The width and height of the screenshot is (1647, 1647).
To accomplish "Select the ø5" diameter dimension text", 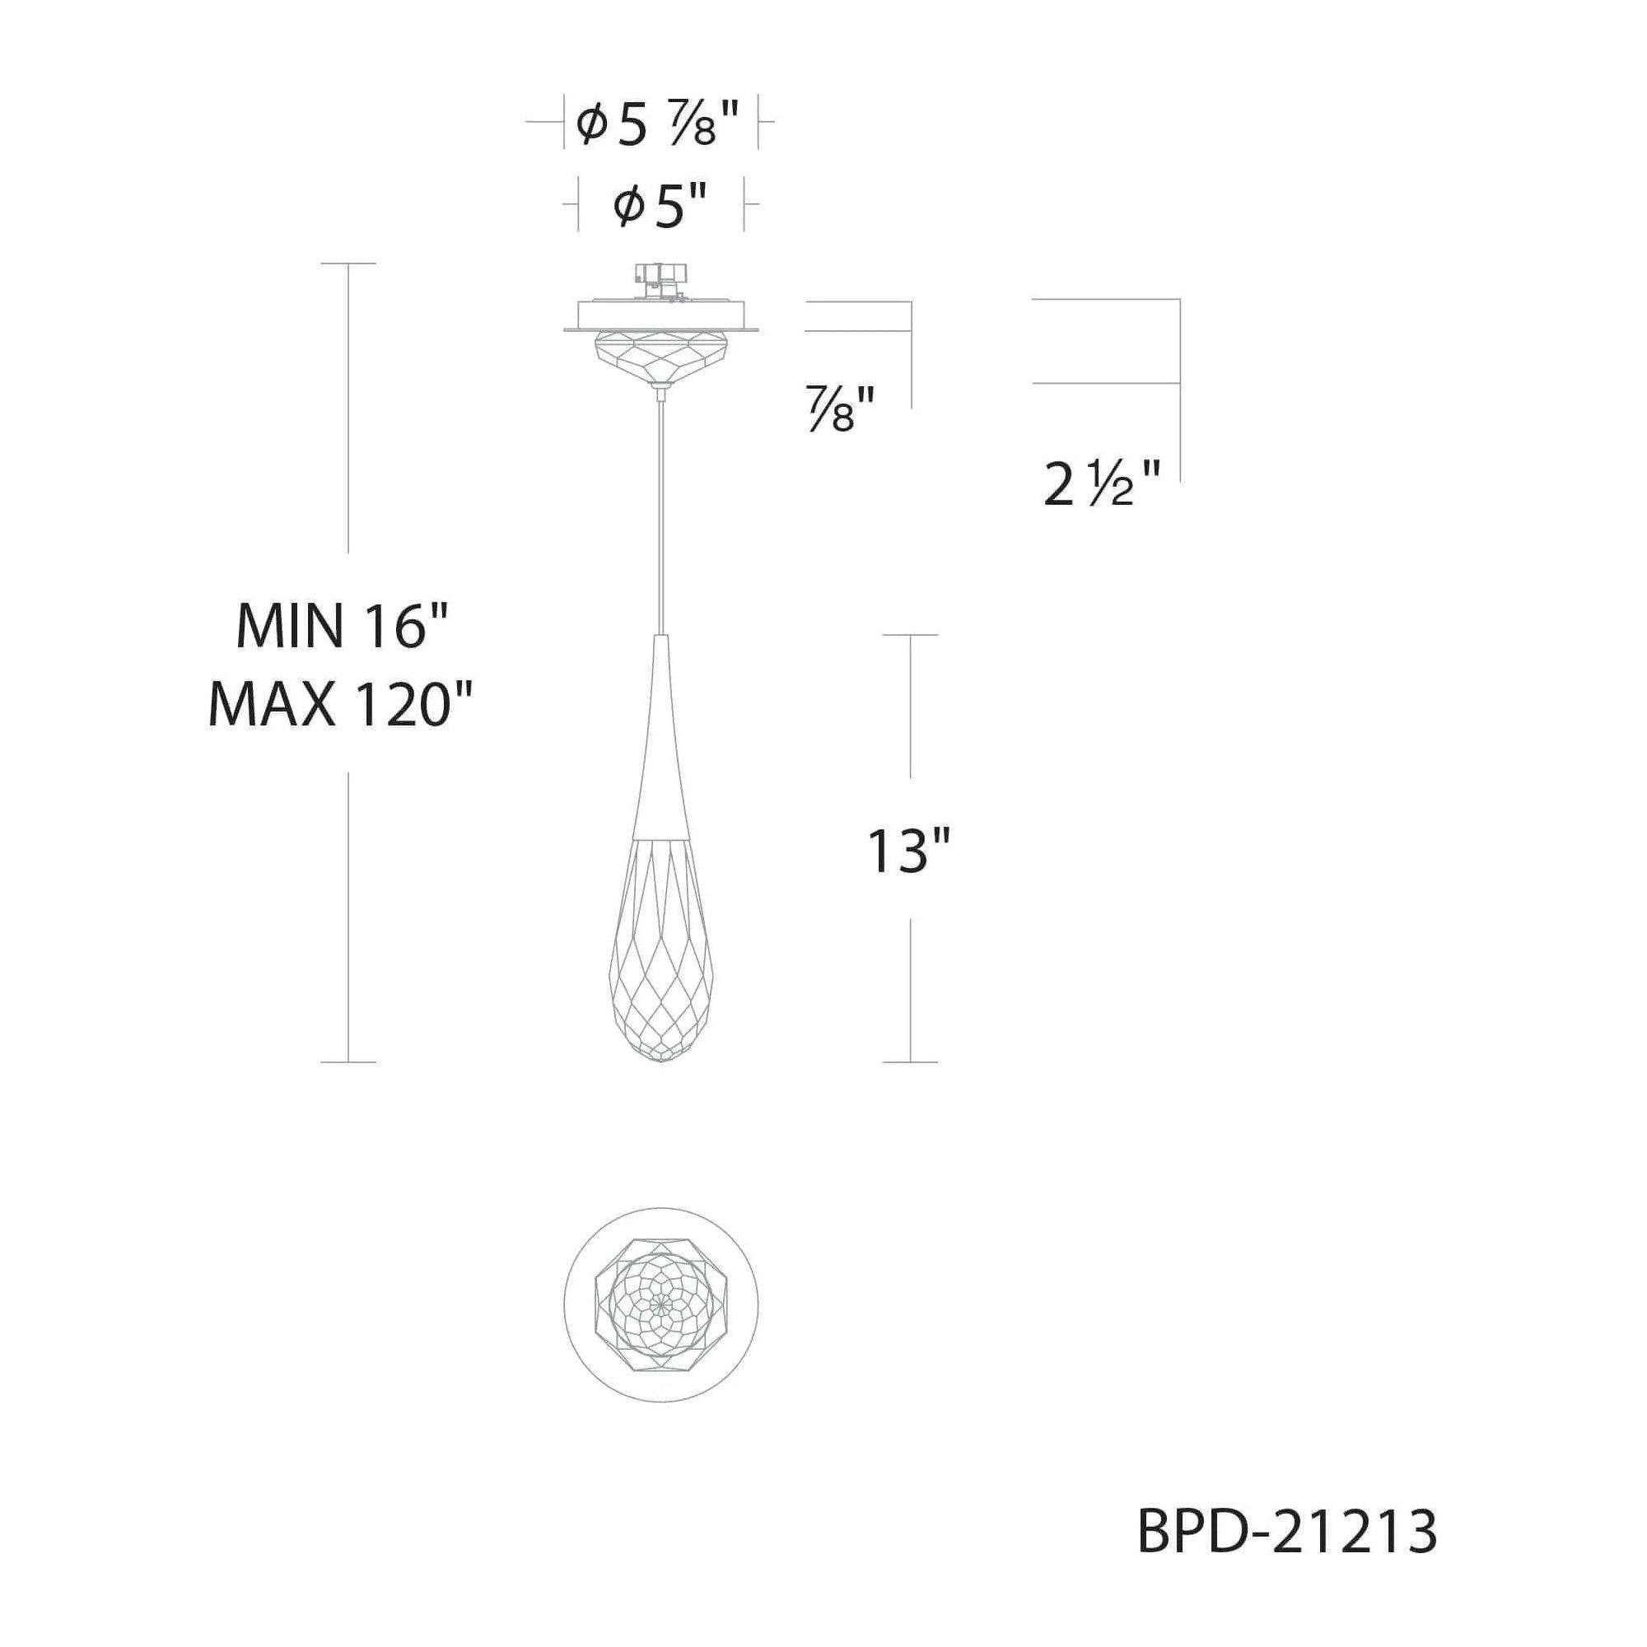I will tap(660, 208).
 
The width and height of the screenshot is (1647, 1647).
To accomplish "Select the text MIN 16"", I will tap(341, 628).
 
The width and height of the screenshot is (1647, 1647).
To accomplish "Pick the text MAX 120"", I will tap(341, 705).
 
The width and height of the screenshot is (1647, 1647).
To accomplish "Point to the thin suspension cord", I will tap(660, 511).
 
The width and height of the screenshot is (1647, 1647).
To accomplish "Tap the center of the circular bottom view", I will tap(660, 1304).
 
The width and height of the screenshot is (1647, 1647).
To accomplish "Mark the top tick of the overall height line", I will tap(348, 264).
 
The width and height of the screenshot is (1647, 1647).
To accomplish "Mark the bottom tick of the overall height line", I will tap(348, 1062).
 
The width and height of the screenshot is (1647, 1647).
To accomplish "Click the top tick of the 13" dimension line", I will tap(911, 635).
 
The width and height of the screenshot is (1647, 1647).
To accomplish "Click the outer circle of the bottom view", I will tap(565, 1304).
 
